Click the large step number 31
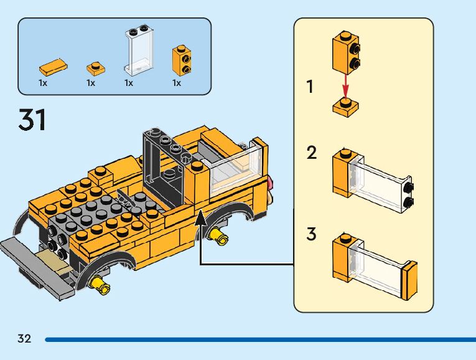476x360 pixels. coord(32,120)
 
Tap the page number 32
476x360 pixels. coord(24,339)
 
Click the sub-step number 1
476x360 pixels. coord(310,87)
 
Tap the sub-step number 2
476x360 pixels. coord(312,153)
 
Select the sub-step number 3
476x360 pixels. coord(312,235)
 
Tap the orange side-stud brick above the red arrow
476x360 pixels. coord(346,52)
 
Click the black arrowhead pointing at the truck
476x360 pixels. coord(200,218)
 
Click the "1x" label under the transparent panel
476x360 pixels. coord(129,83)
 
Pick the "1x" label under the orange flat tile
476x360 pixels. coord(43,83)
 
